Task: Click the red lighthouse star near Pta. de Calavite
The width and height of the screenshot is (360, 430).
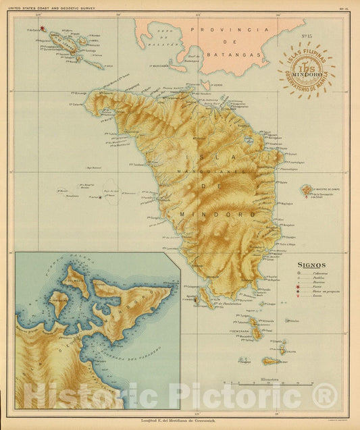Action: [42, 28]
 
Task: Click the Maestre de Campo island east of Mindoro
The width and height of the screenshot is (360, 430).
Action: [307, 190]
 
